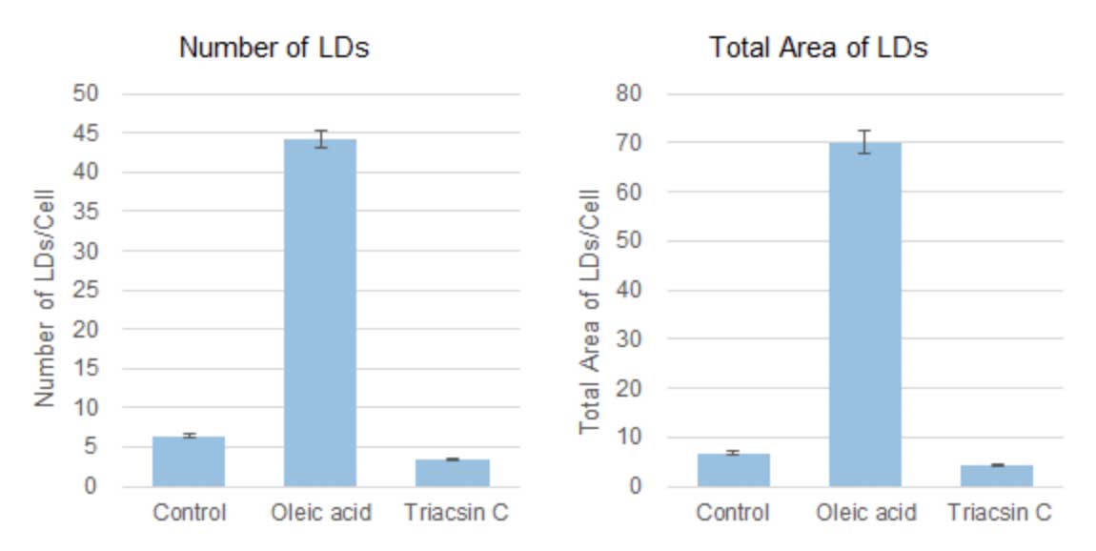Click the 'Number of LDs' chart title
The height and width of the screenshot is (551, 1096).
(274, 49)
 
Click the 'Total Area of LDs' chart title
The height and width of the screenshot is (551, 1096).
(818, 49)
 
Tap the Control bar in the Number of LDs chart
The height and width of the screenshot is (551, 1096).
(189, 461)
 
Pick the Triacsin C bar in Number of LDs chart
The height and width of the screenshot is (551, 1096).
(454, 473)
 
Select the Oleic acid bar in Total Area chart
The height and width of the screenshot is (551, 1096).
(864, 315)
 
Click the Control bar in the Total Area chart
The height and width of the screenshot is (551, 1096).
(733, 470)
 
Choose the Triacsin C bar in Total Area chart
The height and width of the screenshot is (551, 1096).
(997, 476)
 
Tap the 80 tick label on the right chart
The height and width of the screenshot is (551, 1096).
(632, 94)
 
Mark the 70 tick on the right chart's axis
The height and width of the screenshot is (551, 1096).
(632, 143)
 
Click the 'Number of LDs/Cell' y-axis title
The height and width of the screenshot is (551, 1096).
(45, 297)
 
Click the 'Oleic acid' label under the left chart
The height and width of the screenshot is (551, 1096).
(321, 513)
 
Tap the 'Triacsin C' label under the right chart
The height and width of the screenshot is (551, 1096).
(999, 513)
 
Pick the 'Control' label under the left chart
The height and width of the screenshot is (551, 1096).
(189, 513)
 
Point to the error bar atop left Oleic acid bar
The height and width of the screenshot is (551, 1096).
(321, 139)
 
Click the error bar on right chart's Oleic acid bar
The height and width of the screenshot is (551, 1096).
(864, 142)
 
